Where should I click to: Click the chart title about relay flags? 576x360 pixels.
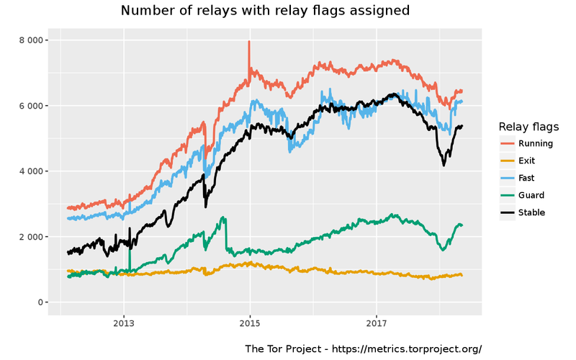[265, 11]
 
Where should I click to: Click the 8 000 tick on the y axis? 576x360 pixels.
[28, 40]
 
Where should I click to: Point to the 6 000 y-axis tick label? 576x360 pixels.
[28, 106]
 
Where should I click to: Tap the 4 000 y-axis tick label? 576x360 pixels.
[28, 171]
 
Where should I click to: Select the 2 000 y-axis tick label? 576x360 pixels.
[28, 237]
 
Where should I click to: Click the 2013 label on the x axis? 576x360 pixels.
[124, 323]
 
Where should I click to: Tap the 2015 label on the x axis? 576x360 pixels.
[250, 323]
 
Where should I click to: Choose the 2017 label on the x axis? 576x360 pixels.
[377, 323]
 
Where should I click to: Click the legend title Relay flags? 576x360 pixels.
[528, 127]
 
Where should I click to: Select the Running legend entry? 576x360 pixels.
[536, 143]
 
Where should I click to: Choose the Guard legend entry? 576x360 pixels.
[531, 195]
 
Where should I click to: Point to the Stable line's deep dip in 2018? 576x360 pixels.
[444, 165]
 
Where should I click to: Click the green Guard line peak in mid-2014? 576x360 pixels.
[224, 217]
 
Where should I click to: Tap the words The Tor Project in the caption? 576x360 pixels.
[282, 348]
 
